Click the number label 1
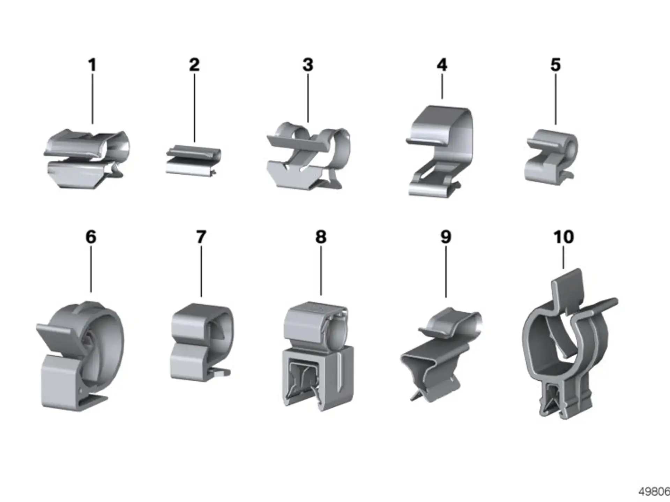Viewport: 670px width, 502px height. coord(92,65)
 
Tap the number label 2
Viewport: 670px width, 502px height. coord(194,65)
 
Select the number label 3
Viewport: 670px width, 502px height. coord(308,65)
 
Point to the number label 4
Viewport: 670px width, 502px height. coord(442,65)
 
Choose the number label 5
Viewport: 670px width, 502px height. coord(556,65)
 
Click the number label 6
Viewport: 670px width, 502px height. coord(91,237)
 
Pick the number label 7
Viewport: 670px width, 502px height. coord(201,237)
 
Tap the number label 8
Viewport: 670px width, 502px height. coord(321,237)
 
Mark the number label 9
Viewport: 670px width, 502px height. coord(446,237)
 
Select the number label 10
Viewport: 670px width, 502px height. coord(564,237)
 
